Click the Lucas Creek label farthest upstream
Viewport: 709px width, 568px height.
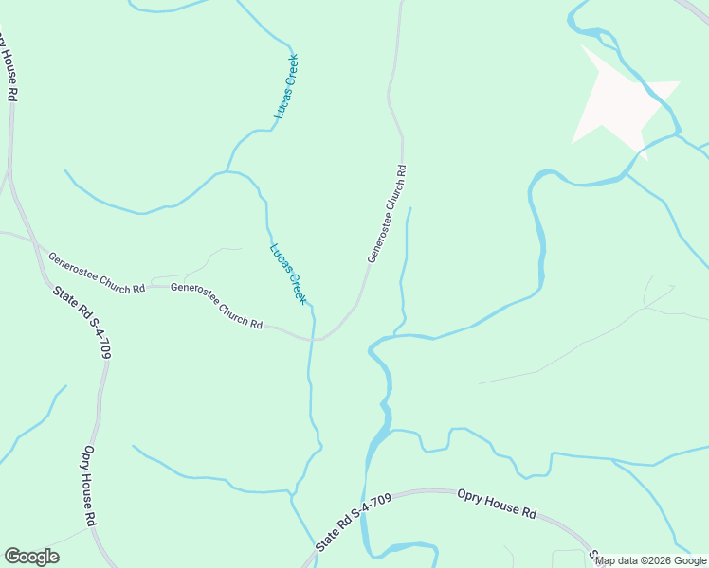(x=286, y=86)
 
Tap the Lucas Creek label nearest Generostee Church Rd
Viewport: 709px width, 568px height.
(x=288, y=274)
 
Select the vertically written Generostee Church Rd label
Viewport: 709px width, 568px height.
(x=387, y=215)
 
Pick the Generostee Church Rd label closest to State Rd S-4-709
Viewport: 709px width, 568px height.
(x=96, y=272)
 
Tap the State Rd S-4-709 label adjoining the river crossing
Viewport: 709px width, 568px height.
(x=354, y=524)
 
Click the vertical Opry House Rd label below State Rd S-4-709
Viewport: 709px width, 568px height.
(x=90, y=487)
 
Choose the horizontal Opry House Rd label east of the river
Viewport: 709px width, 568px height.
(x=497, y=503)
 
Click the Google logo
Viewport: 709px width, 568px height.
(x=31, y=557)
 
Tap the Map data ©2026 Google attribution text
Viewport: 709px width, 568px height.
(x=650, y=560)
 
